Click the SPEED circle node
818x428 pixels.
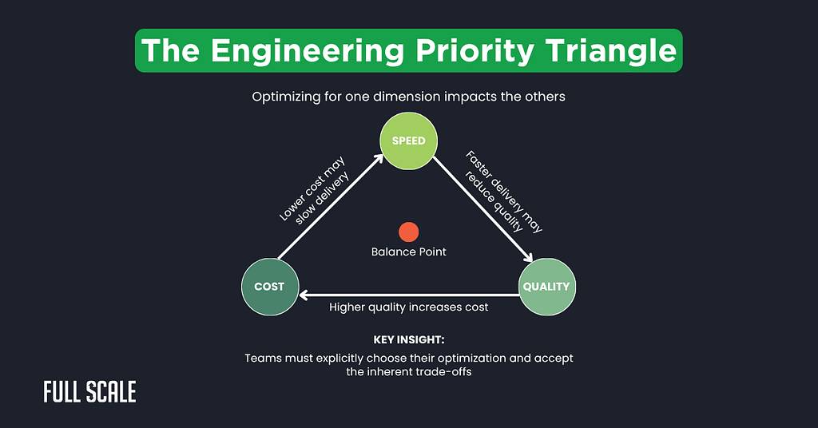408,141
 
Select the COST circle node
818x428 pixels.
269,287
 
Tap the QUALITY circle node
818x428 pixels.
546,287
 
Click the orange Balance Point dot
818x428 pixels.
408,232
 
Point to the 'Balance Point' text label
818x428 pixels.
408,252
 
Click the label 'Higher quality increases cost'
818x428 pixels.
408,307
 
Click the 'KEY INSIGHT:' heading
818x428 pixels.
408,339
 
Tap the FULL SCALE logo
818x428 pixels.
89,391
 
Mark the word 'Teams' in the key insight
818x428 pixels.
262,358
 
